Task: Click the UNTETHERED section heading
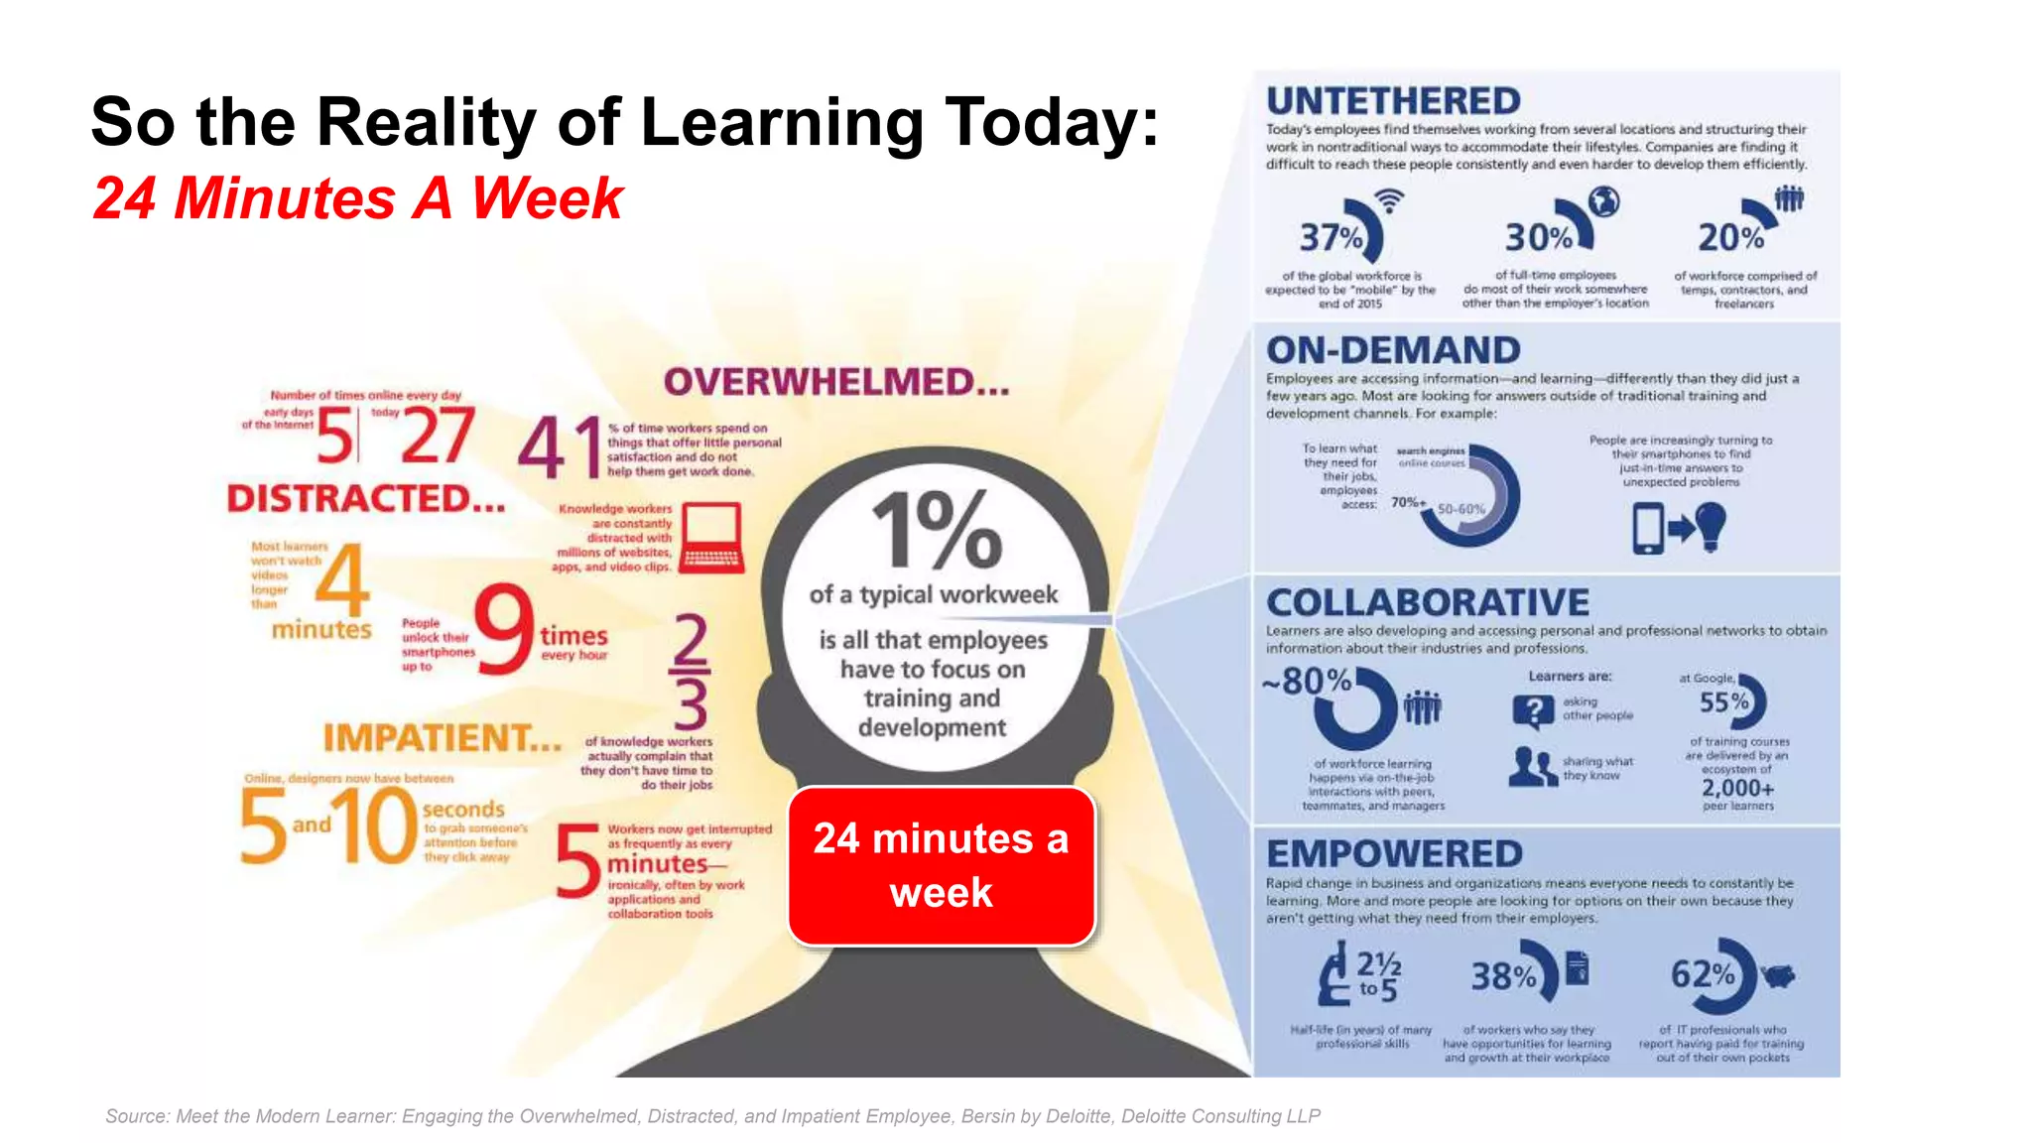(1392, 101)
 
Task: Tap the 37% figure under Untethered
(1331, 237)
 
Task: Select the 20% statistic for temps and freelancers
(1730, 237)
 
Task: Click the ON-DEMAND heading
(1392, 350)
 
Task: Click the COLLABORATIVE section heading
(1427, 602)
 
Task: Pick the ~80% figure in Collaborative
(1307, 681)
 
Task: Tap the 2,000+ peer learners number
(1737, 788)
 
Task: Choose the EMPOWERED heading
(1394, 854)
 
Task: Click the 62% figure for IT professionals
(1703, 974)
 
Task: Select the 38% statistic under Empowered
(1503, 976)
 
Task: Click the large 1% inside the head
(936, 531)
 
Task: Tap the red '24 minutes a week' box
(941, 865)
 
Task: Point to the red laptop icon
(710, 537)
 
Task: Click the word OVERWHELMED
(835, 382)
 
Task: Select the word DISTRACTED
(365, 498)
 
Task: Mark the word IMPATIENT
(442, 738)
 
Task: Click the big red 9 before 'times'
(504, 629)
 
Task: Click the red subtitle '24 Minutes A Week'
(357, 198)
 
